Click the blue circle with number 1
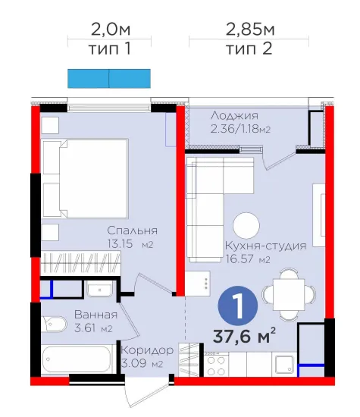point(238,306)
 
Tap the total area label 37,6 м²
point(244,336)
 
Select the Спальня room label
point(132,230)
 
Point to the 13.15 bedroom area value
point(120,243)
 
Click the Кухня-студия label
point(265,246)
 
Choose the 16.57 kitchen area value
point(239,259)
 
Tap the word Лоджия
point(234,116)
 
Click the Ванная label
point(95,315)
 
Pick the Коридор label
point(147,350)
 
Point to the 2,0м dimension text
point(111,30)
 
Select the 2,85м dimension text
point(250,30)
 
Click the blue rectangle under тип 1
point(109,78)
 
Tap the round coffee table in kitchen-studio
point(246,225)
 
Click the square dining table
point(289,294)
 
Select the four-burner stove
point(216,365)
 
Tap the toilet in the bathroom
point(55,324)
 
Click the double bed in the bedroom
point(86,178)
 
